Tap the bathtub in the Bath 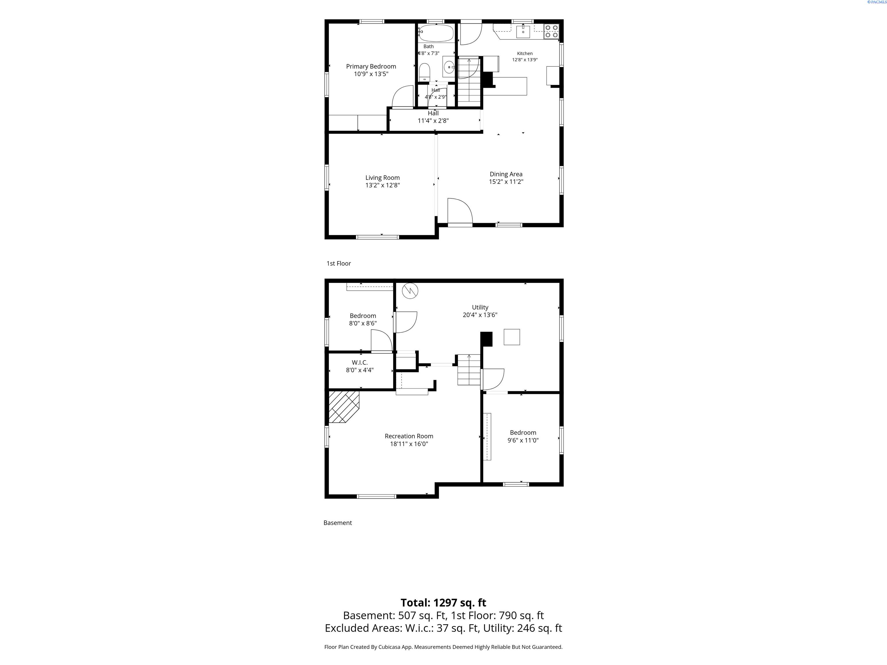(x=436, y=33)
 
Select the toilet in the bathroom (x=424, y=72)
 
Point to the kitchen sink (x=523, y=31)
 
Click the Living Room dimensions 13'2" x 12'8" (x=383, y=185)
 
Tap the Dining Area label (x=506, y=174)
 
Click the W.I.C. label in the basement (x=360, y=362)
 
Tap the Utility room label (x=480, y=307)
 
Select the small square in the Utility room (x=512, y=337)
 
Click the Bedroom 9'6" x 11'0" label (x=523, y=436)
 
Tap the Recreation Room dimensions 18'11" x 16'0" (x=409, y=444)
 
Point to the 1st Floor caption (x=339, y=263)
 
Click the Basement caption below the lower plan (x=338, y=523)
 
